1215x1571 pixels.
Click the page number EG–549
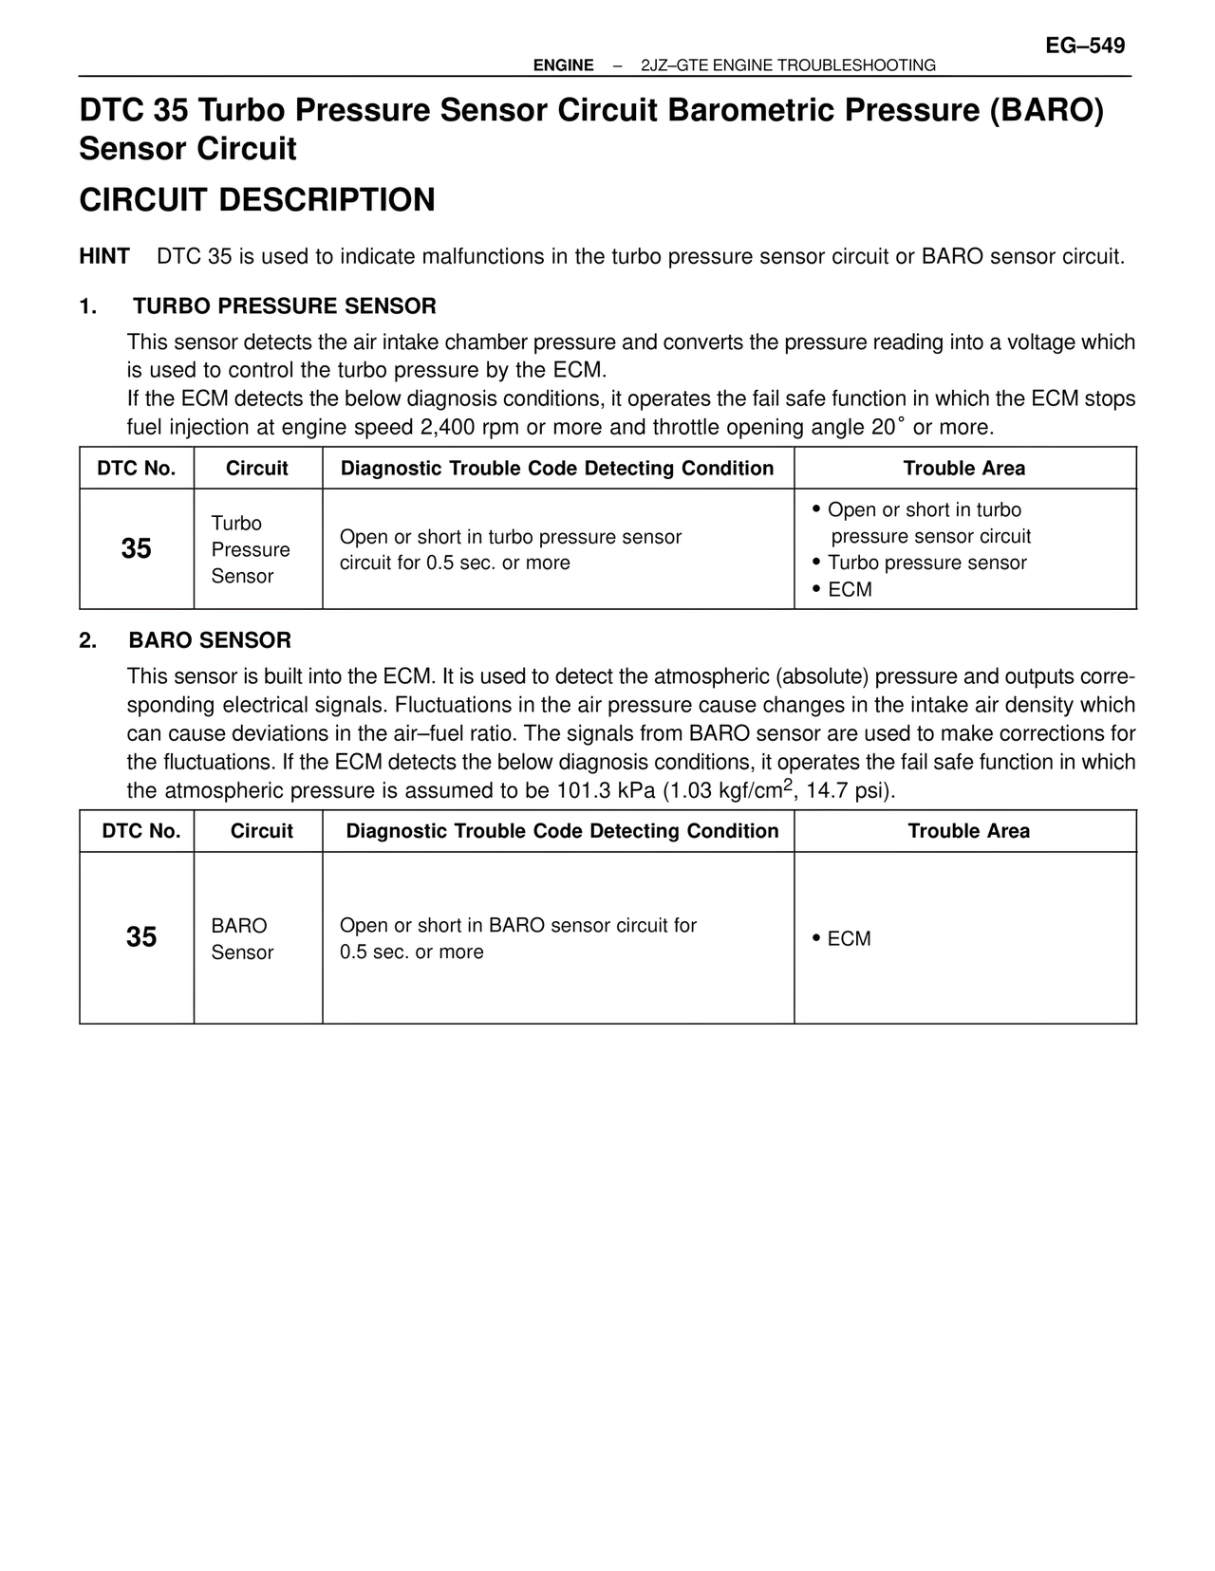click(1084, 46)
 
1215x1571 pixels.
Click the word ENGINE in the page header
click(563, 65)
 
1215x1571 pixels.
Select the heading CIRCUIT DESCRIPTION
click(257, 200)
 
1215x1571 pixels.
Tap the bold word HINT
click(104, 257)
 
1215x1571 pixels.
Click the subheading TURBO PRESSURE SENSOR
click(284, 306)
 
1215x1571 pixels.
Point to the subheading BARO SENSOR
click(210, 640)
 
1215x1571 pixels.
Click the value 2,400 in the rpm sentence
click(447, 427)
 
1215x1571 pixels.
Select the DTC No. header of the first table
click(137, 469)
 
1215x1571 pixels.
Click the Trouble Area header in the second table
click(968, 832)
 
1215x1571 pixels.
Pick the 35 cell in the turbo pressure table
click(137, 549)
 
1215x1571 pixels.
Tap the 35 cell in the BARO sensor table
click(141, 937)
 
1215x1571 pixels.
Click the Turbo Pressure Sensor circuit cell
click(251, 549)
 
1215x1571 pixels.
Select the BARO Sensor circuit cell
click(242, 939)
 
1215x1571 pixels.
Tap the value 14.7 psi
click(848, 791)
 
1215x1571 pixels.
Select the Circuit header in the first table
click(257, 469)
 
